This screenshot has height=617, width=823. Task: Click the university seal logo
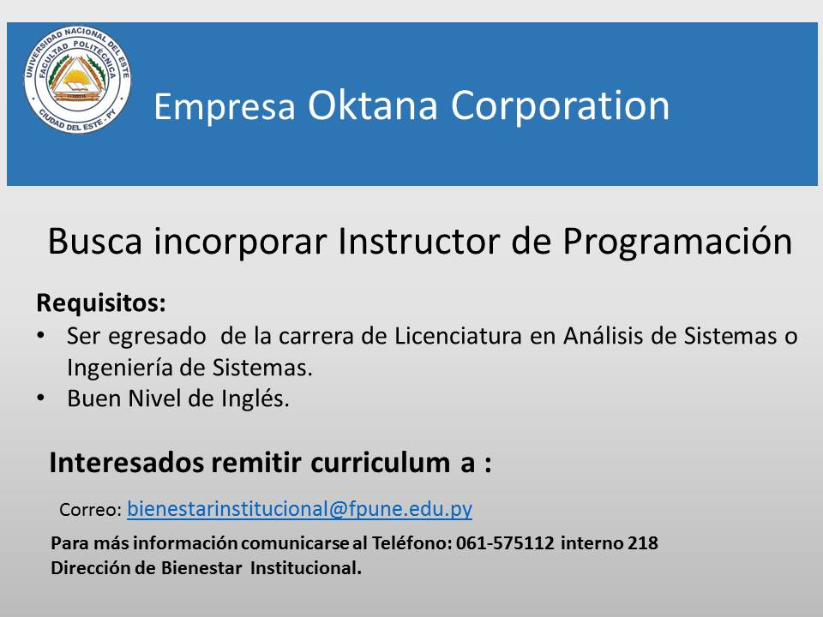(78, 79)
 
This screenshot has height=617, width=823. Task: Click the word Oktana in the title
(372, 105)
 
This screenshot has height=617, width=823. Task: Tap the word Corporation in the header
(560, 106)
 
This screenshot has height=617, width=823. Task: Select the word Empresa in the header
(225, 106)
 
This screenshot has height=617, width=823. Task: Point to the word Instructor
(419, 242)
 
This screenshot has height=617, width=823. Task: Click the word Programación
(677, 243)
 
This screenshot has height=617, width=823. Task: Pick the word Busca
(95, 242)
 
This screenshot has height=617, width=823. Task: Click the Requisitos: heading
(101, 303)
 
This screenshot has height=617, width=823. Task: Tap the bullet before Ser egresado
(41, 336)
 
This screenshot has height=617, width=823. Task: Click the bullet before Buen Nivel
(41, 398)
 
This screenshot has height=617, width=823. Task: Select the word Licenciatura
(458, 336)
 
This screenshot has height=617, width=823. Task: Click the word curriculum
(380, 463)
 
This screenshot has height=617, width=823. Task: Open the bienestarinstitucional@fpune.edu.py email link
(300, 509)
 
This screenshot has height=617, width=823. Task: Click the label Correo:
(90, 509)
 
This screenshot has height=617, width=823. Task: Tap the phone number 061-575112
(505, 542)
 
